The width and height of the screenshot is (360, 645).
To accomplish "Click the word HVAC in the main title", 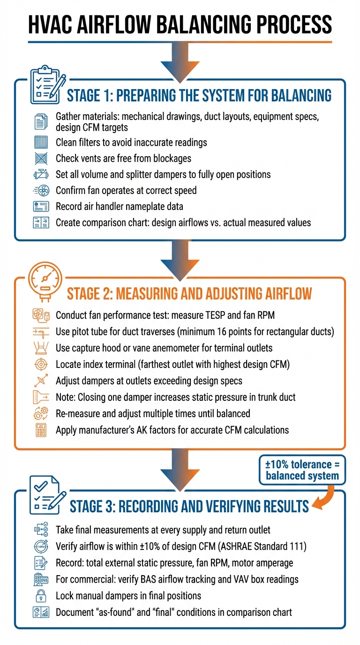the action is click(x=51, y=24).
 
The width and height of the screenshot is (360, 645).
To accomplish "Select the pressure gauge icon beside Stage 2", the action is click(x=45, y=281).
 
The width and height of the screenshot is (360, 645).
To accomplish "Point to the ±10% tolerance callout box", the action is click(x=302, y=470).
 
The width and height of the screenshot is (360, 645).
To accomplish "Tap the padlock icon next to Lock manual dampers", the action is click(x=41, y=596).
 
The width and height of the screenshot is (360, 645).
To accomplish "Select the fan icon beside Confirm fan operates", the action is click(x=41, y=190).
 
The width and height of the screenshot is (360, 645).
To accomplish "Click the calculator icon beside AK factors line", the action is click(x=41, y=430).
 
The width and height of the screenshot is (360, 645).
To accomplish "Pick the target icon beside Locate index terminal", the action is click(x=41, y=365).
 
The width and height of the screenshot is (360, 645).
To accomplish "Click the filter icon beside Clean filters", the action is click(x=41, y=142).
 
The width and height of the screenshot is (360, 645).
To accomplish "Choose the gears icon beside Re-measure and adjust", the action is click(x=41, y=413).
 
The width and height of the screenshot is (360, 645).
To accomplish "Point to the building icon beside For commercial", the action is click(x=41, y=579).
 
